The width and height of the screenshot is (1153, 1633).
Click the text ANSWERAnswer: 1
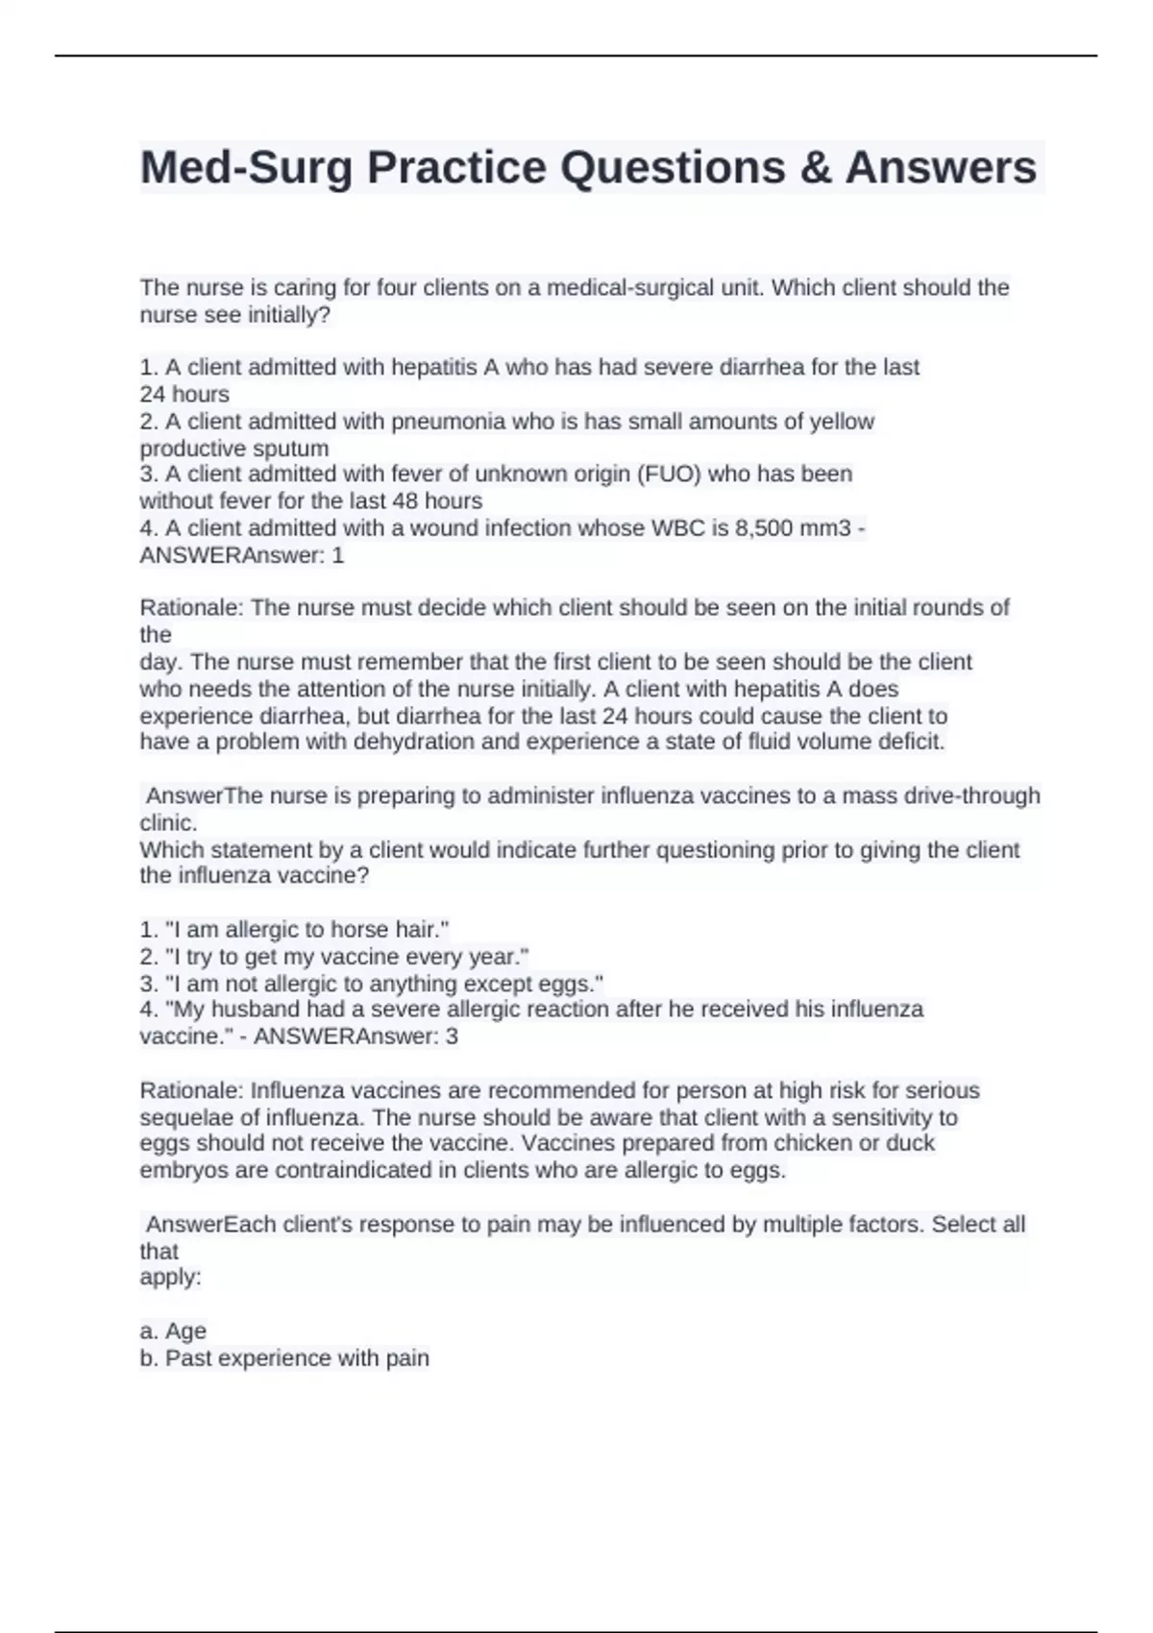coord(242,555)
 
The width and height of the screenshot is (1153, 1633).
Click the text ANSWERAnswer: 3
coord(356,1036)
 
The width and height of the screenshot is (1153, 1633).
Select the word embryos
coord(185,1171)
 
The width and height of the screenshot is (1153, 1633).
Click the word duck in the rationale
coord(913,1144)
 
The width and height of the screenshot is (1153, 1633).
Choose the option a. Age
coord(173,1331)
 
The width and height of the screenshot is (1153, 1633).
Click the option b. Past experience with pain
coord(284,1358)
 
